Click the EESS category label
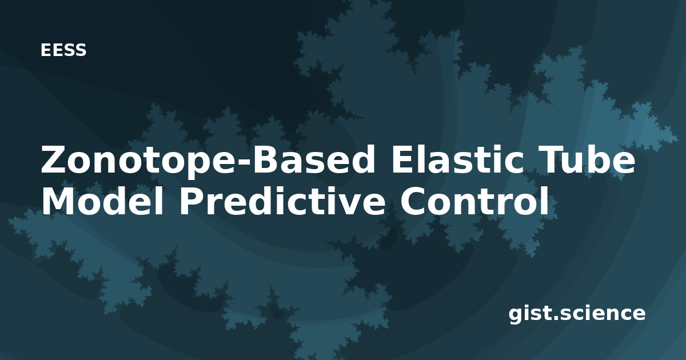click(x=63, y=50)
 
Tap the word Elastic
click(x=457, y=159)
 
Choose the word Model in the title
click(x=102, y=201)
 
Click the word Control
click(x=474, y=201)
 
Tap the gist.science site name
click(x=577, y=314)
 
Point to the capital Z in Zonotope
click(x=54, y=159)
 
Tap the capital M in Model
click(x=59, y=201)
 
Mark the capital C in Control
click(x=413, y=201)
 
